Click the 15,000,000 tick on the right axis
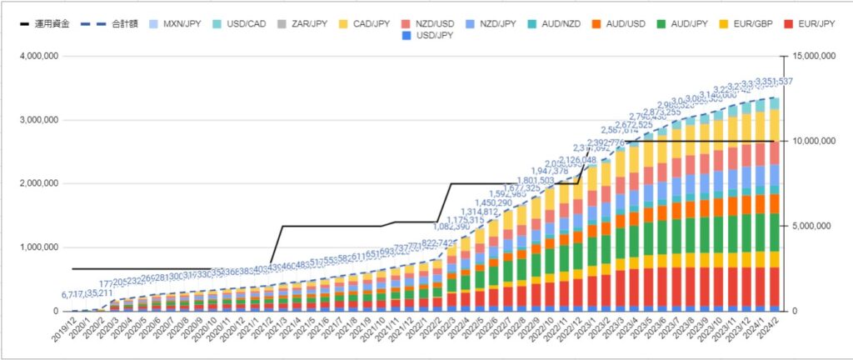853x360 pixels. click(x=811, y=56)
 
